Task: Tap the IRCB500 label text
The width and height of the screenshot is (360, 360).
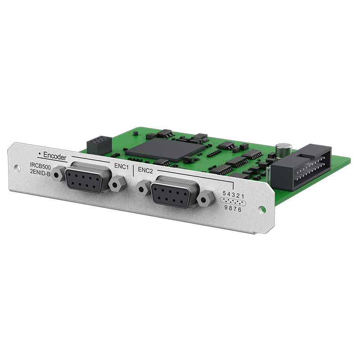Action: (40, 166)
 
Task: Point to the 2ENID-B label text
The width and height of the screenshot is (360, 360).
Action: (40, 172)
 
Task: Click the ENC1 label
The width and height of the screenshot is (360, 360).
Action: (121, 166)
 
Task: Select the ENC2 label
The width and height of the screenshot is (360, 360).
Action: (145, 171)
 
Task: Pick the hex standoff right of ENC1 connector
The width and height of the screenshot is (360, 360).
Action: (117, 184)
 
